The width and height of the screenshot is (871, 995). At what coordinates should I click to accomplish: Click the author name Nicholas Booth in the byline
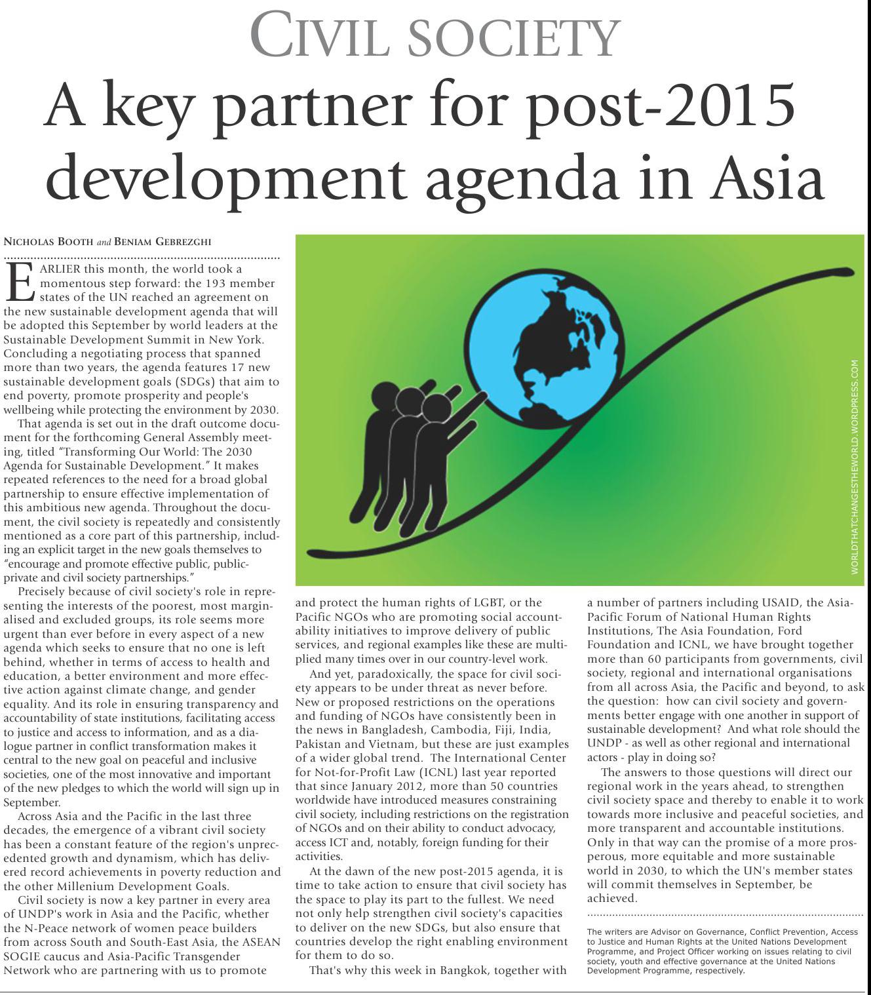pos(48,242)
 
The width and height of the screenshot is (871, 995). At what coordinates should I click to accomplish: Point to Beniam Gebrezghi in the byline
pos(163,242)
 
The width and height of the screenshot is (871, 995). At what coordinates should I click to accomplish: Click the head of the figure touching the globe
pos(436,408)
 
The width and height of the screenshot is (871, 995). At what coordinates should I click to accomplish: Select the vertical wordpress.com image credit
pos(854,467)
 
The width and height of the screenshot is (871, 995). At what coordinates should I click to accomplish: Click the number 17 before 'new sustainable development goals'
pos(232,367)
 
